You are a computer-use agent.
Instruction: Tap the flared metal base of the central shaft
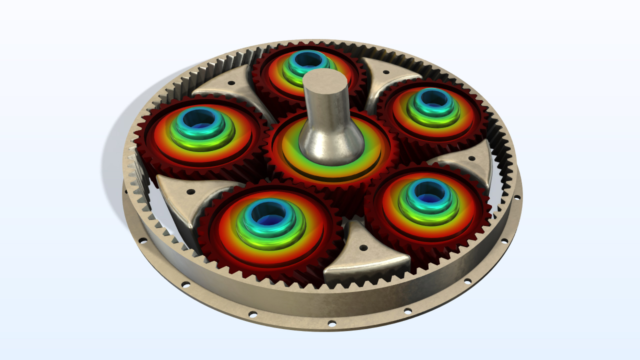[x=330, y=145]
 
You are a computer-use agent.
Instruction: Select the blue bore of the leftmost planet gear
[x=198, y=119]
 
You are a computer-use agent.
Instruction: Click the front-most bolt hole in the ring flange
[x=330, y=322]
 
